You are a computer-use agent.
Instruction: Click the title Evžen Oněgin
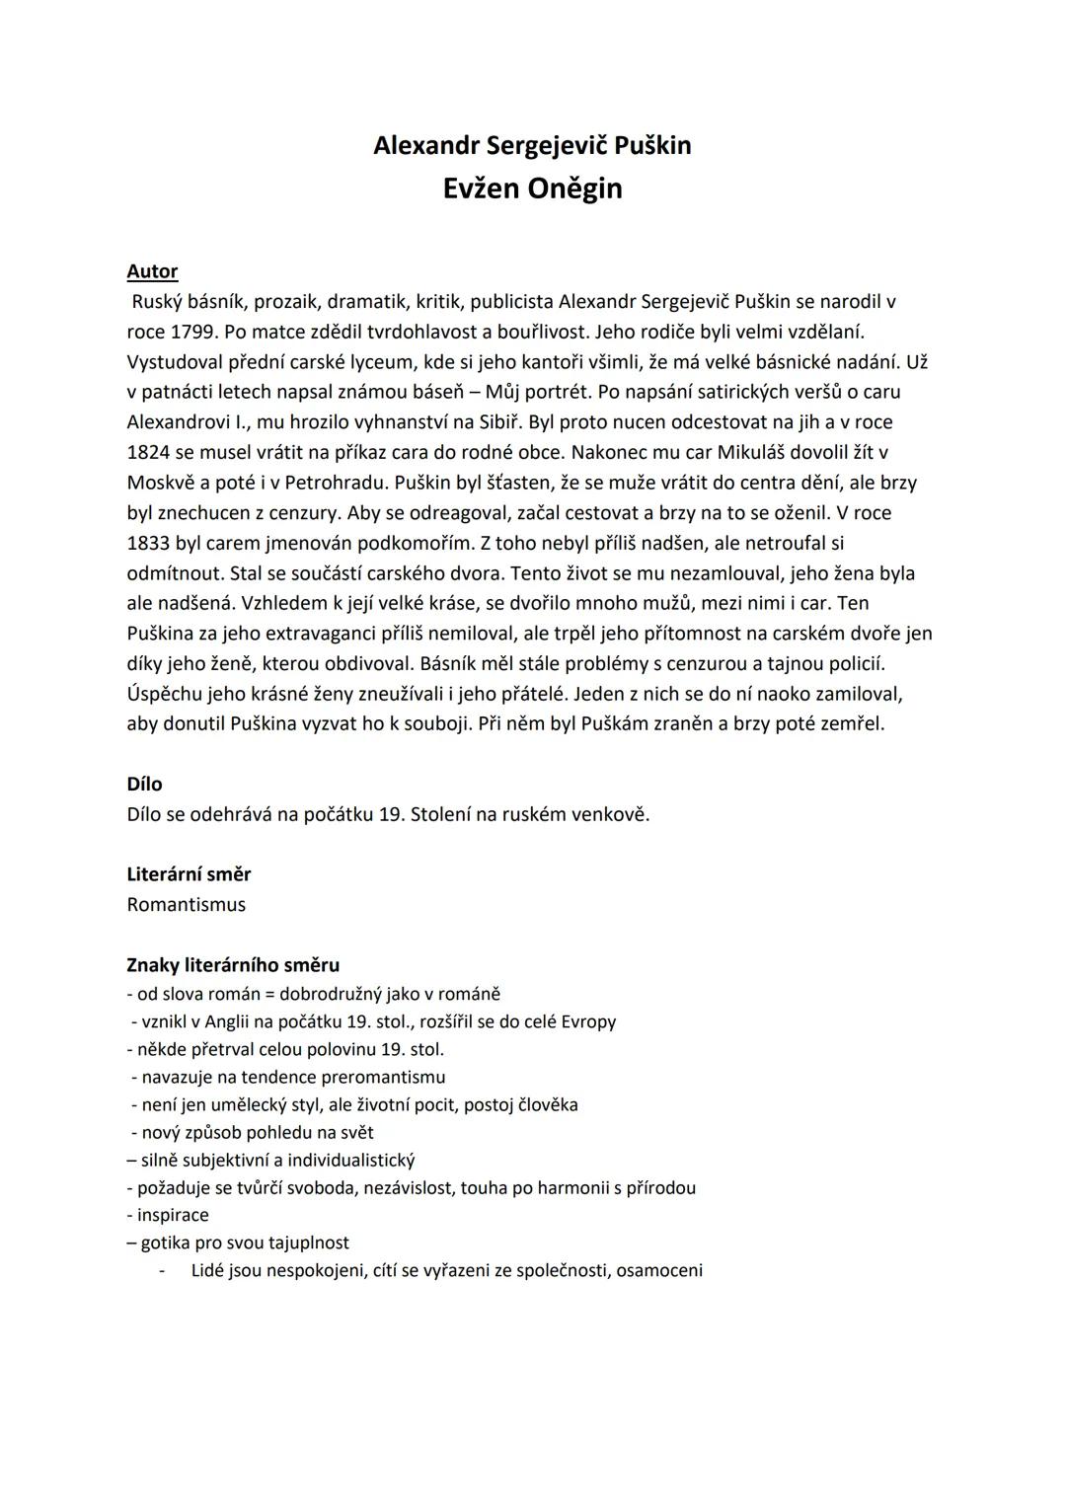pos(532,188)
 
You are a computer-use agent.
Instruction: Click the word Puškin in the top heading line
pos(652,145)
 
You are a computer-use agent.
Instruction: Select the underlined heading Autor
pos(152,271)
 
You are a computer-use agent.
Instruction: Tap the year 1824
pos(148,453)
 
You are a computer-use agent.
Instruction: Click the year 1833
pos(148,544)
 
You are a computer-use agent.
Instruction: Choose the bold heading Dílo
pos(144,785)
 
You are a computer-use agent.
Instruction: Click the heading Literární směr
pos(189,874)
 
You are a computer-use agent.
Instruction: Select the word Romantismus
pos(186,905)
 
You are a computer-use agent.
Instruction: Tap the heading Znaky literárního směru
pos(233,965)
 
